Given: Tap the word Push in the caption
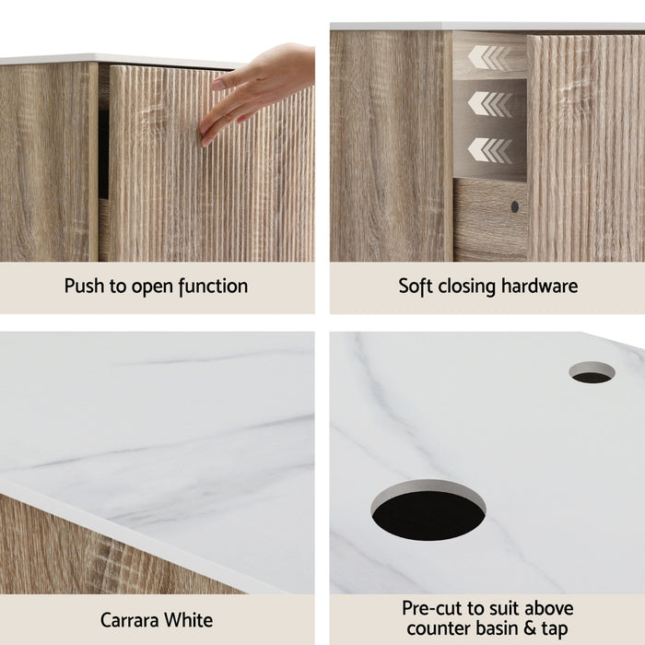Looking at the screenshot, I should [85, 286].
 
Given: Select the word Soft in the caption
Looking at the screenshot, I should [416, 286].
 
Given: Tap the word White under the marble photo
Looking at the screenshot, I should [190, 619].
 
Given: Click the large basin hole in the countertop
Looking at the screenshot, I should [428, 510].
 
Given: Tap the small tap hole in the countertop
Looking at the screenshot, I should [592, 372].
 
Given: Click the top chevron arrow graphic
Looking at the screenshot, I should [488, 57].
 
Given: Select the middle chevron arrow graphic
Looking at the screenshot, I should [488, 103].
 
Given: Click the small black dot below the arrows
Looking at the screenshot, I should [515, 207].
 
